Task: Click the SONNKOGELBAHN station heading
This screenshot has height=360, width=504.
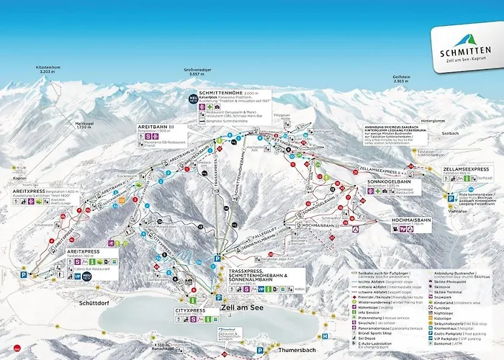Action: point(388,182)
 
